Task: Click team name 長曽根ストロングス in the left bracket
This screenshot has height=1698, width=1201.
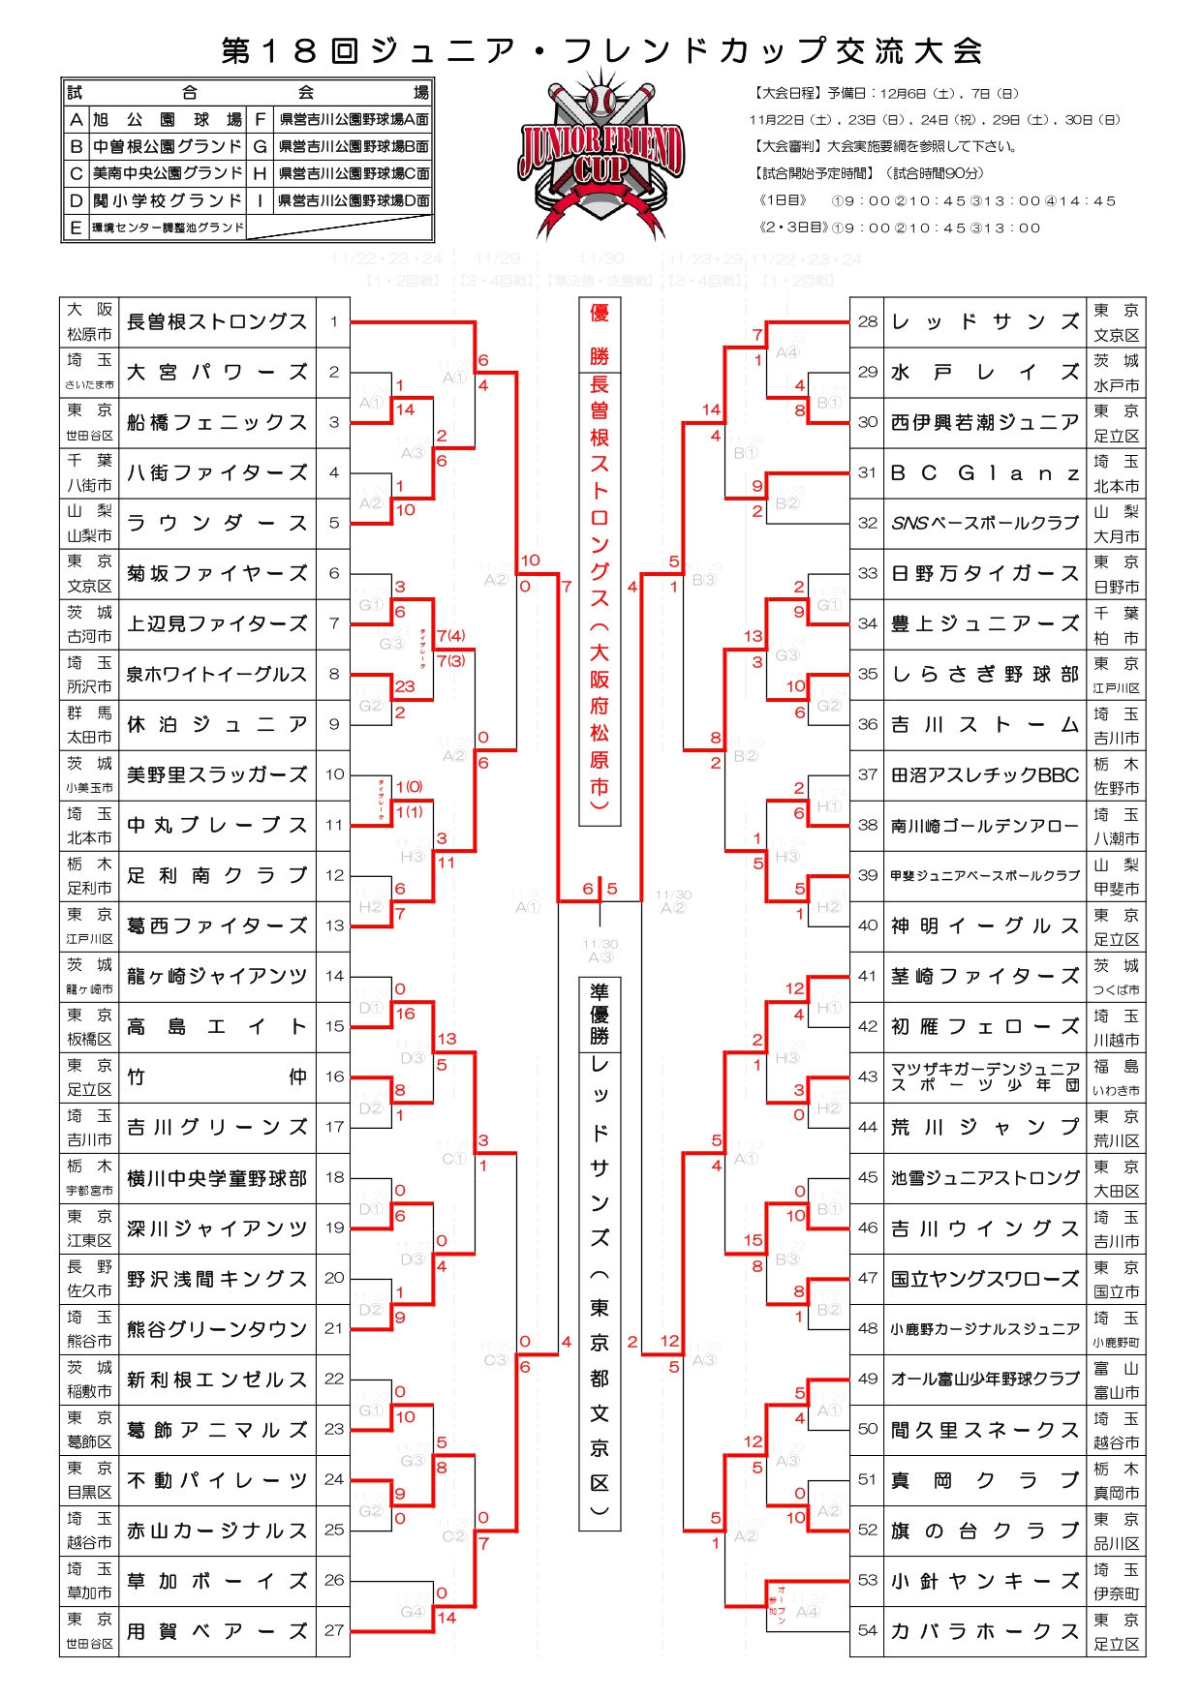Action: [x=217, y=322]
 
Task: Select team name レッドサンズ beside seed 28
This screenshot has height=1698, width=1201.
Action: [x=984, y=322]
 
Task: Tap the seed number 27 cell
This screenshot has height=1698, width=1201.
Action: [x=334, y=1630]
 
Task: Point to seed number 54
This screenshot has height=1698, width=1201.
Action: [x=867, y=1630]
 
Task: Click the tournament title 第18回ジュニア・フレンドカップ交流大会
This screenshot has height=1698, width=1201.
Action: [x=601, y=50]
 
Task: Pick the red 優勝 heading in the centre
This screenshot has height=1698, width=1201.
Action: [x=600, y=334]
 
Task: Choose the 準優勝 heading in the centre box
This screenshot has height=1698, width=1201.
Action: [x=600, y=1015]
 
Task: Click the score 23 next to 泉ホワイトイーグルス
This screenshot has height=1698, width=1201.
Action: [x=405, y=685]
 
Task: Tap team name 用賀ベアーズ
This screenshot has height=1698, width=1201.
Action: [x=217, y=1631]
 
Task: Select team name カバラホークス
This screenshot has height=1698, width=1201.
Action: [x=984, y=1631]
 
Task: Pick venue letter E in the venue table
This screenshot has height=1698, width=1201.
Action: [x=76, y=228]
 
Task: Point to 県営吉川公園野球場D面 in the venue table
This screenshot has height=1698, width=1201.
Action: [x=353, y=201]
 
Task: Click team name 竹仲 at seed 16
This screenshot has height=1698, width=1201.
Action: [x=217, y=1076]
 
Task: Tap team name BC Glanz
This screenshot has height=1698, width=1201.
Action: [x=984, y=473]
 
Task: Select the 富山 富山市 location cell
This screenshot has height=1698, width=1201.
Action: [x=1116, y=1380]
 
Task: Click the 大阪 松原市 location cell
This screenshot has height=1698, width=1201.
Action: [x=89, y=322]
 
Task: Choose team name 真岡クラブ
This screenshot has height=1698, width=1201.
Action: [x=984, y=1480]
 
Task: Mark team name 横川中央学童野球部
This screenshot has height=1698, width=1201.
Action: [x=217, y=1178]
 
